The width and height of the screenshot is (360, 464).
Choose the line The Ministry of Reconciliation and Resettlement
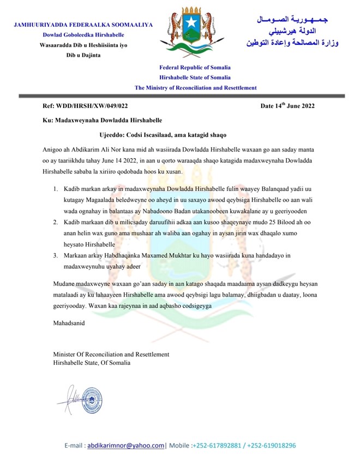[x=195, y=88]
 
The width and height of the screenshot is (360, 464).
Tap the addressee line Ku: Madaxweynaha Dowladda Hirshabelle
[x=102, y=120]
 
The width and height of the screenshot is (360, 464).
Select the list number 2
[x=55, y=223]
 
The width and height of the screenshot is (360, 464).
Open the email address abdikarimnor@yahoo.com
[x=126, y=445]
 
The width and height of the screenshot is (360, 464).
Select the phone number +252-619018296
[x=272, y=445]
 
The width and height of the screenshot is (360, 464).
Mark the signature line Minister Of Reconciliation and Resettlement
[x=111, y=354]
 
